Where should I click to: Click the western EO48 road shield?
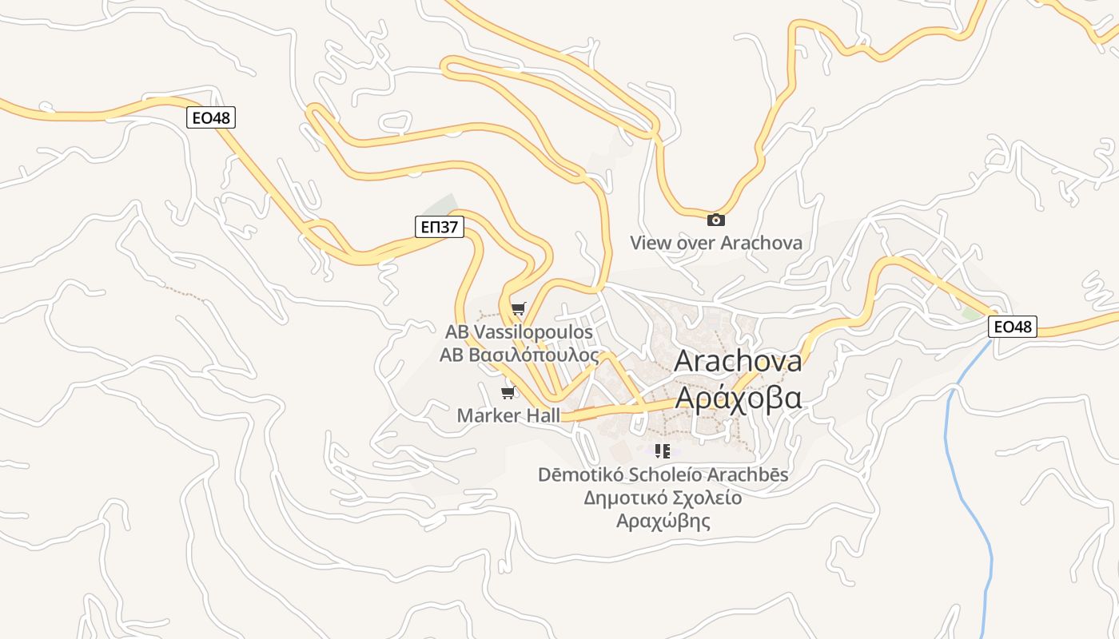point(212,118)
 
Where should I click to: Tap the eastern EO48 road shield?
point(1013,326)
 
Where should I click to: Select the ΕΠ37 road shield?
point(440,227)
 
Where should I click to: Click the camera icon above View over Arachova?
point(716,220)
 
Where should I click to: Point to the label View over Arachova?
point(715,243)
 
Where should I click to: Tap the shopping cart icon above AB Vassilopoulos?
point(519,308)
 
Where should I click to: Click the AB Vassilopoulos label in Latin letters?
point(519,331)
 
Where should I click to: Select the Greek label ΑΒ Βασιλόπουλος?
point(519,355)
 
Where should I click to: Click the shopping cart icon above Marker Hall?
point(507,392)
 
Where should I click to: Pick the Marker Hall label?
point(508,415)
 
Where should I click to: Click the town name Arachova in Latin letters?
point(738,360)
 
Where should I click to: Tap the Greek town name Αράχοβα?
point(738,397)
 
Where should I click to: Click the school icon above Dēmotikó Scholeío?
point(663,451)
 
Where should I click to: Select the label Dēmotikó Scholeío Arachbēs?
point(663,474)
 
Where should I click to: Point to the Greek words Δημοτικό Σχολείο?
point(663,498)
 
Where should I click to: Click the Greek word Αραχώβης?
point(663,522)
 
